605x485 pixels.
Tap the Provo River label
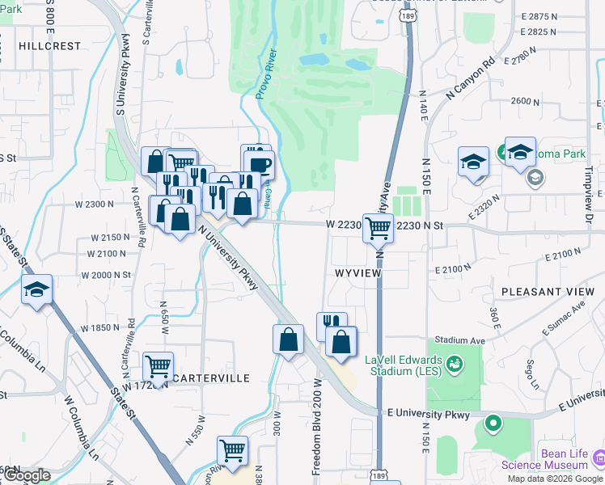267,74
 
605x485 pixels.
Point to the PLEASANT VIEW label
548,291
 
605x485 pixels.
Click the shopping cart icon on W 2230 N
378,228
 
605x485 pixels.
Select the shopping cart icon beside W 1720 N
158,366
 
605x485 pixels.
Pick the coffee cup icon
260,165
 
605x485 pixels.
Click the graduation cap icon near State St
36,289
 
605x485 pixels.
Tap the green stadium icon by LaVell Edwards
455,365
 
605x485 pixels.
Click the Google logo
26,475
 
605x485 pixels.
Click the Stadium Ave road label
459,341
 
